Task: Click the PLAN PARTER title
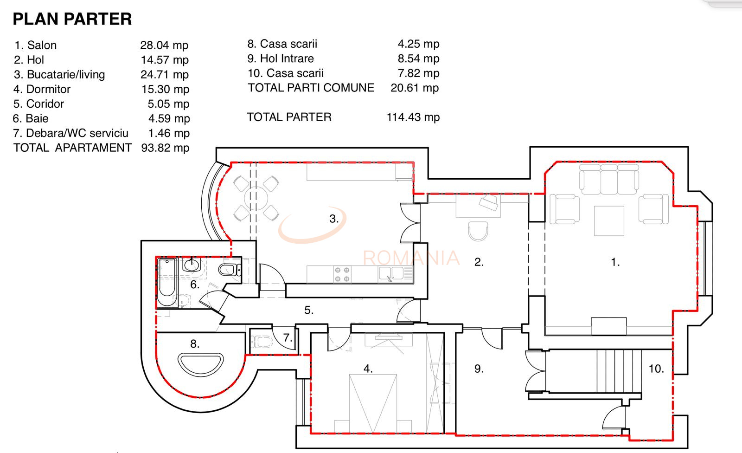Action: (72, 19)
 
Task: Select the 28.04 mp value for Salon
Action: (164, 45)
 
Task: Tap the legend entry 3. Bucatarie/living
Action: (59, 74)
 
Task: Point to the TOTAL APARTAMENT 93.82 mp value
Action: (165, 148)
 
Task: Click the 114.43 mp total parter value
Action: (413, 117)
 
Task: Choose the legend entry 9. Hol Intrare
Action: (281, 58)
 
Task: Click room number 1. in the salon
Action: (615, 262)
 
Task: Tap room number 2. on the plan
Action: (479, 262)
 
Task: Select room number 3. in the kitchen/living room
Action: (334, 219)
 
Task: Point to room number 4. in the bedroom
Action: (368, 369)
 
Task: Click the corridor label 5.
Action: (309, 310)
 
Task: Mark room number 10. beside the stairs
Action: (656, 369)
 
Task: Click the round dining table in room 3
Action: (256, 199)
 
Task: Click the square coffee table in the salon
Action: (609, 221)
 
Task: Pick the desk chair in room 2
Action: (478, 231)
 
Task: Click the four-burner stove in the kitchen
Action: (342, 274)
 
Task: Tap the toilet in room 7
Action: (261, 343)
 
